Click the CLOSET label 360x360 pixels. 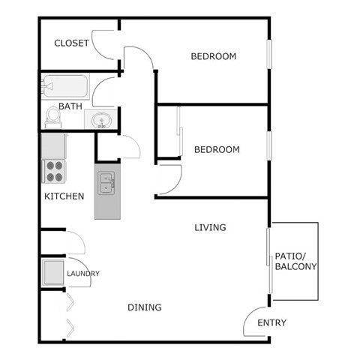(x=72, y=43)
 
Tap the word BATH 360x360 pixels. (x=70, y=106)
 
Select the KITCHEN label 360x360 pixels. (x=64, y=196)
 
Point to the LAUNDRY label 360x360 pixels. (x=83, y=274)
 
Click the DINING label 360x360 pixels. (x=145, y=307)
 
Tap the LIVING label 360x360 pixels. (x=211, y=227)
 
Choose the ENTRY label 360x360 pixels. (x=271, y=323)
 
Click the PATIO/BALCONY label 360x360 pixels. (x=295, y=261)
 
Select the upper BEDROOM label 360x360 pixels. (x=214, y=56)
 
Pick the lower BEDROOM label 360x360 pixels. (x=217, y=149)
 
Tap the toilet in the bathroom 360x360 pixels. (x=52, y=117)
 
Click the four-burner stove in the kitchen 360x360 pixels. (x=55, y=172)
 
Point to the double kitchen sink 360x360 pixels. (x=106, y=182)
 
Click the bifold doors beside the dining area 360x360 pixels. (x=68, y=313)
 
